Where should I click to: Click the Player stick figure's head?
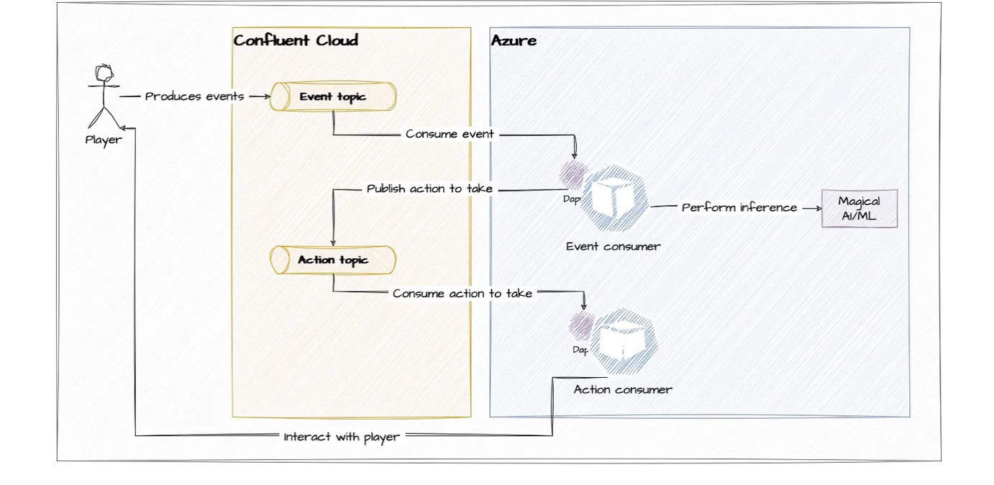click(105, 73)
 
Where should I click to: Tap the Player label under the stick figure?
click(104, 140)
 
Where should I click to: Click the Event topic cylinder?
click(333, 97)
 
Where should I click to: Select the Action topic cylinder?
click(333, 259)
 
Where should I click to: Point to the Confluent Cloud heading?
click(295, 40)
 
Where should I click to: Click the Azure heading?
click(514, 40)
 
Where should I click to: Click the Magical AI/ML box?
click(860, 208)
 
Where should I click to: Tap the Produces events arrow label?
click(194, 96)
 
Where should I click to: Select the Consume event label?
click(450, 134)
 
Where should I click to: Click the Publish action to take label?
click(429, 189)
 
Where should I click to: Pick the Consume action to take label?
click(462, 293)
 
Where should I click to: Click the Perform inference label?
click(739, 207)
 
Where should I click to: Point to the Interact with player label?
click(342, 436)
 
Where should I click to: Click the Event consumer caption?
click(613, 246)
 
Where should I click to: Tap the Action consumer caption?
click(623, 389)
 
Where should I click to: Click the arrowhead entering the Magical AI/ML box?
click(817, 208)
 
